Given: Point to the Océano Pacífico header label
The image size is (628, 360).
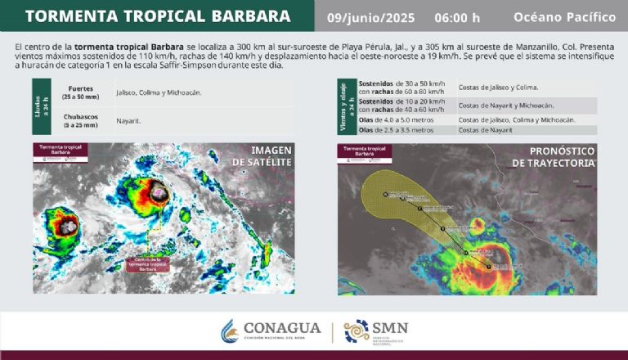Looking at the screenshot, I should tap(564, 16).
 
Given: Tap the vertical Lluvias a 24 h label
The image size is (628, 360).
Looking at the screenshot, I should tap(39, 106).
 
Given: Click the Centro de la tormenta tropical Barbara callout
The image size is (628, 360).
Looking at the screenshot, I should tap(148, 263).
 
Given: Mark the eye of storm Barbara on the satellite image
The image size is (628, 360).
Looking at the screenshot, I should tap(155, 193).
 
